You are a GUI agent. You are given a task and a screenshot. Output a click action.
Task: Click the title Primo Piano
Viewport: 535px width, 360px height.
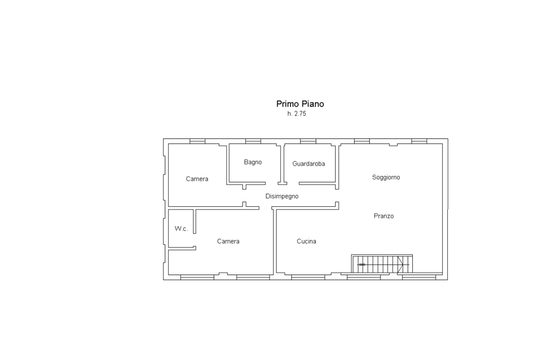point(300,104)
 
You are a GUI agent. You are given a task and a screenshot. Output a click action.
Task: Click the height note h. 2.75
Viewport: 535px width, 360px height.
point(297,114)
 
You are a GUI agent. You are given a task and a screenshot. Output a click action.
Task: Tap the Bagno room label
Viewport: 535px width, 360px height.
point(253,162)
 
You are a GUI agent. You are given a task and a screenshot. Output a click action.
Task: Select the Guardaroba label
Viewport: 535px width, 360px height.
point(308,164)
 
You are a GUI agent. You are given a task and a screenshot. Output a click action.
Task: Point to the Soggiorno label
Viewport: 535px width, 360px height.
point(386,177)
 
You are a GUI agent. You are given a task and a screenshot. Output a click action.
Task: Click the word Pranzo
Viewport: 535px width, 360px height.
point(384,216)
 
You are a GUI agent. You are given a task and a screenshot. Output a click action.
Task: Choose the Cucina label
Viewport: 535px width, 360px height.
point(306,241)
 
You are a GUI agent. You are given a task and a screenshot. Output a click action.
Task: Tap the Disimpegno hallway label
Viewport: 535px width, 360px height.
point(282,196)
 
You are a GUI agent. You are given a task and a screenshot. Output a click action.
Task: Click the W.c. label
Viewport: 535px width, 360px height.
point(181,229)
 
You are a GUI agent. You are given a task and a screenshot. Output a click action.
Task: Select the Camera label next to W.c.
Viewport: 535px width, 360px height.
point(228,241)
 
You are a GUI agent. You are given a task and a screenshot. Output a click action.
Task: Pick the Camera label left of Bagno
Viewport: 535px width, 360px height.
point(197,179)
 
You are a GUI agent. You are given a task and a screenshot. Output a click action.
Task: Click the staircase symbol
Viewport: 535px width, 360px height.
point(382,264)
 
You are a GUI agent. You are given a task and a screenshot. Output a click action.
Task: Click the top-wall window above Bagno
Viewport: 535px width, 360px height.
point(253,141)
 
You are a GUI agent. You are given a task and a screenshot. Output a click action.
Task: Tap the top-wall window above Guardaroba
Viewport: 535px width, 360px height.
point(308,141)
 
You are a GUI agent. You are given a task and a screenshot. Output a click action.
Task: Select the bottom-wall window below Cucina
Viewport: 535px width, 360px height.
point(308,277)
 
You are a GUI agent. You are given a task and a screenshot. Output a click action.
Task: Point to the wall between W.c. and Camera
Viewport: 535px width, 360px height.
point(194,221)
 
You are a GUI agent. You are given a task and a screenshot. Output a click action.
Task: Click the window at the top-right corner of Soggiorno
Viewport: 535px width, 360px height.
point(419,141)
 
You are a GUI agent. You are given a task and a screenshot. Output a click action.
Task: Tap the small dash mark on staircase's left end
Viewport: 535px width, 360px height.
point(362,264)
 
